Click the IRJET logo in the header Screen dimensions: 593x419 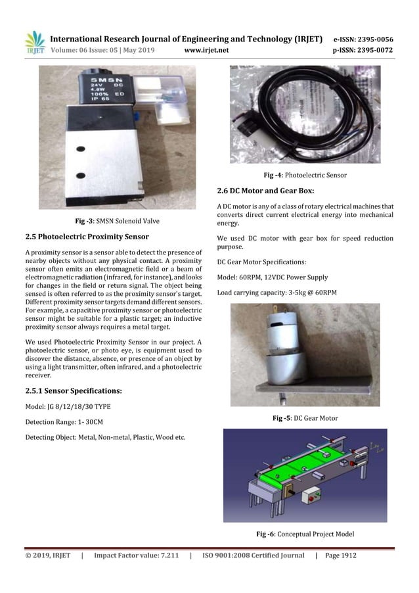(34, 43)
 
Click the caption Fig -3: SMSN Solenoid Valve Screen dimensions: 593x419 (118, 220)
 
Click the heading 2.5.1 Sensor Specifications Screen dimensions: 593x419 (73, 391)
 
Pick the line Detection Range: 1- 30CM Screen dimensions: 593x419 (59, 422)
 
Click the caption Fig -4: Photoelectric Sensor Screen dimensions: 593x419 (305, 175)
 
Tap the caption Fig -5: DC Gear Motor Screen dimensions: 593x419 (305, 418)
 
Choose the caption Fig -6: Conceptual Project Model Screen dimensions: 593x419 (305, 534)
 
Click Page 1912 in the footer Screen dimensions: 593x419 (341, 556)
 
